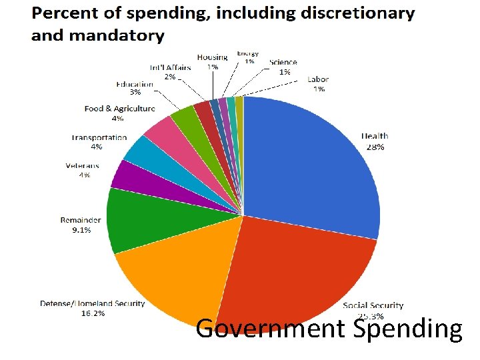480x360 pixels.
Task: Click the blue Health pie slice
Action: coord(313,167)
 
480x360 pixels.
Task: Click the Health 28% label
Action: coord(374,141)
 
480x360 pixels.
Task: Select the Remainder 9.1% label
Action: coord(81,225)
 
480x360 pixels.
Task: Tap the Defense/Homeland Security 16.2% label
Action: coord(92,308)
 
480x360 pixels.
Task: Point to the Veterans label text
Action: coord(82,166)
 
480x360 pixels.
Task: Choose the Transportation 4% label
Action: coord(99,142)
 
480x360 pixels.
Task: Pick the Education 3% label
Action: coord(134,88)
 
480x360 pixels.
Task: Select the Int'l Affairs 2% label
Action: coord(170,72)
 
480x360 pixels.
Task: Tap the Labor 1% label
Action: coord(318,84)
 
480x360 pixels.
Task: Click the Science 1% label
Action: coord(284,67)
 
